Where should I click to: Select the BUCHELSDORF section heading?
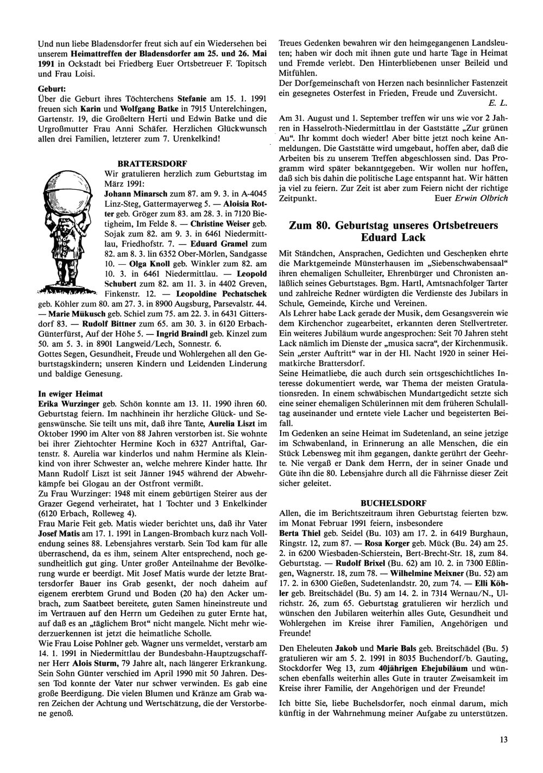tap(393, 503)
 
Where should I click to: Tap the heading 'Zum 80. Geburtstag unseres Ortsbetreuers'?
tap(394, 226)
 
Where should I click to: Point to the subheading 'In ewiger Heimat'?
tap(71, 393)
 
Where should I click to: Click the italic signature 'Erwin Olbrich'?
tap(482, 198)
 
